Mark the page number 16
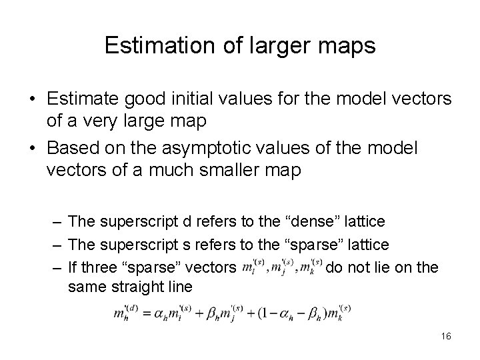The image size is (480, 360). coord(445,337)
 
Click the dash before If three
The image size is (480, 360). coord(57,267)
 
